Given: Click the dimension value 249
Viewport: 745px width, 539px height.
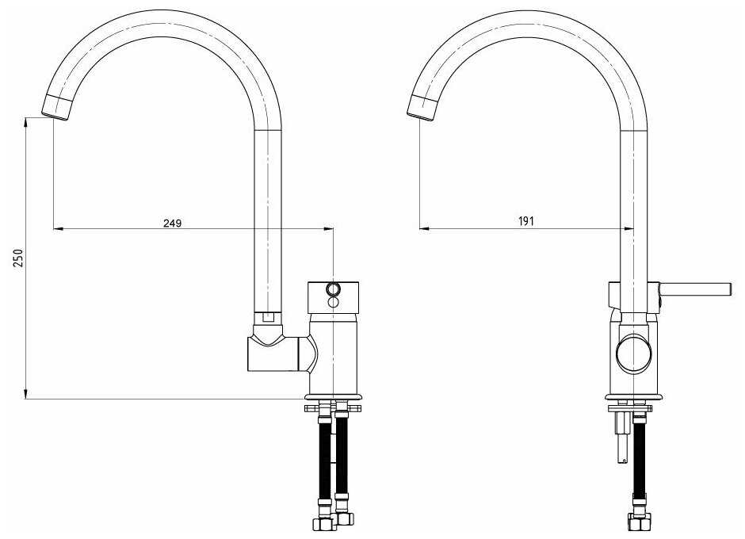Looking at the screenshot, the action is click(173, 223).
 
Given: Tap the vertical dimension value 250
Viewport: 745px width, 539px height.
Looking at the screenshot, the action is click(18, 258).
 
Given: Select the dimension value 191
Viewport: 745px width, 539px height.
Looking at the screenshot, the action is click(526, 221).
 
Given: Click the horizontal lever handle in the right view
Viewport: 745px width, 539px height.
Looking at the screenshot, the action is click(694, 289).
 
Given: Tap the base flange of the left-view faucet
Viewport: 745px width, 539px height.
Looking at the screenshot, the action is click(334, 397).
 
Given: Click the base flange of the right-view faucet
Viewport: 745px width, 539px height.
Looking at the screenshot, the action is click(634, 397).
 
